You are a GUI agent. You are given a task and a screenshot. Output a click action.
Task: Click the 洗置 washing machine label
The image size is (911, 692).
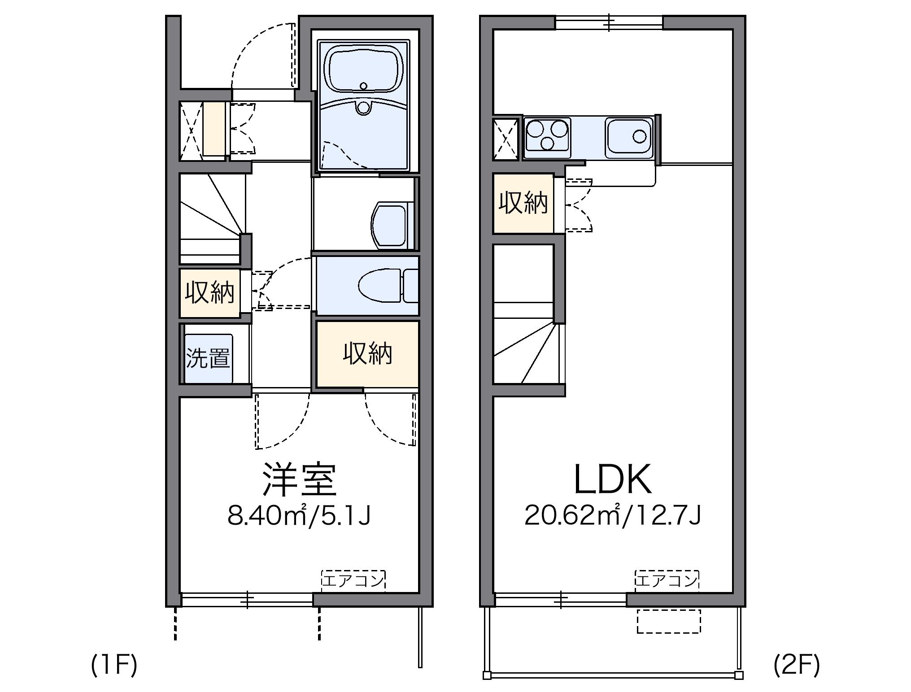(x=208, y=358)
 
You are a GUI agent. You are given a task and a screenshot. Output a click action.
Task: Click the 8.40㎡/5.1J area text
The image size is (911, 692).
(x=299, y=516)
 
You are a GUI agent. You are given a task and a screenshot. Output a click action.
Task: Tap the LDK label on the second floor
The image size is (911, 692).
(x=613, y=479)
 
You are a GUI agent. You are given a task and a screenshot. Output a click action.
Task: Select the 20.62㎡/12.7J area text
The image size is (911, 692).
(x=613, y=516)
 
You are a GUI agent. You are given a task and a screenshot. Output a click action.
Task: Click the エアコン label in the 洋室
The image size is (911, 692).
(x=353, y=580)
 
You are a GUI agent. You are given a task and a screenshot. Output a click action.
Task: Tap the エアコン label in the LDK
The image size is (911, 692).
(x=667, y=580)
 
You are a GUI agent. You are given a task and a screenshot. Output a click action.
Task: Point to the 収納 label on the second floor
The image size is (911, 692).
(x=523, y=203)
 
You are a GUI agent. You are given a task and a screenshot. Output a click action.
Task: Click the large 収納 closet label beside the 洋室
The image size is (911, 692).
(x=368, y=353)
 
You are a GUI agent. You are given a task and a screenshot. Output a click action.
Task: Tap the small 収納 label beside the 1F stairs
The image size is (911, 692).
(x=210, y=293)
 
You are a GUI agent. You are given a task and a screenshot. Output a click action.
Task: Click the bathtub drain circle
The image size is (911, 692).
(x=363, y=86)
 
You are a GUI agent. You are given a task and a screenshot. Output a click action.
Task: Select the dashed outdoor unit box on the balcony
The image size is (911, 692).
(x=668, y=621)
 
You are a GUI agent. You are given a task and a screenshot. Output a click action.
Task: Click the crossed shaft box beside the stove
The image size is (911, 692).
(x=507, y=139)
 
